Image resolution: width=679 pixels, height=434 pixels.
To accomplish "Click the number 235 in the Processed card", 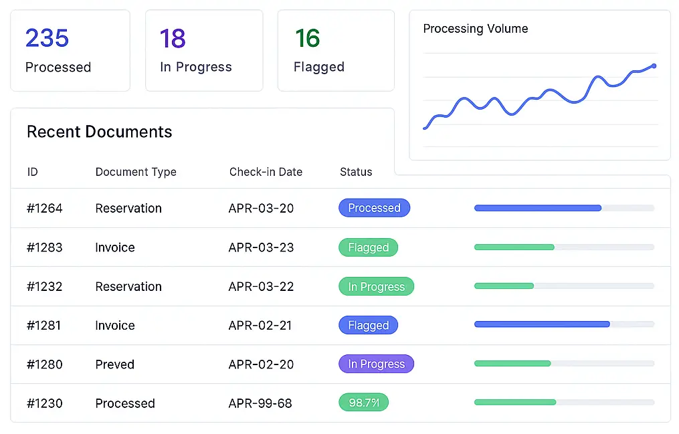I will pyautogui.click(x=47, y=38).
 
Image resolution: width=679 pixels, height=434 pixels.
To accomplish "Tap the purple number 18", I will pyautogui.click(x=173, y=39).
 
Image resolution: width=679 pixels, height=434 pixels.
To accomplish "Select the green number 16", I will pyautogui.click(x=307, y=39).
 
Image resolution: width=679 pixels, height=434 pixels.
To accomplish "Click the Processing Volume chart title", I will pyautogui.click(x=475, y=29).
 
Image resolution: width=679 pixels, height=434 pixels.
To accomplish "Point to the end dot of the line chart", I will pyautogui.click(x=654, y=66).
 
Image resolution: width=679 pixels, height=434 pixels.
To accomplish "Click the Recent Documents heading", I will pyautogui.click(x=99, y=132).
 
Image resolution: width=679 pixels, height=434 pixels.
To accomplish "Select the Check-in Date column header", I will pyautogui.click(x=266, y=172).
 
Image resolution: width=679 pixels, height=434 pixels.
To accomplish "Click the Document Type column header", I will pyautogui.click(x=136, y=172).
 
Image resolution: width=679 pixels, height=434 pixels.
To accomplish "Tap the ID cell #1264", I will pyautogui.click(x=45, y=209).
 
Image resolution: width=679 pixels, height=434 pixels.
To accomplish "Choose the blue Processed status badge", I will pyautogui.click(x=374, y=208).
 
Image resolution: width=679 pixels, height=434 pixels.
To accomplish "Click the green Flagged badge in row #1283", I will pyautogui.click(x=368, y=247).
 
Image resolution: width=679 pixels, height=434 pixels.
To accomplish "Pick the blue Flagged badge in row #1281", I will pyautogui.click(x=368, y=326).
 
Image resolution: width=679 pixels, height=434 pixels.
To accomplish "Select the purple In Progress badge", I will pyautogui.click(x=376, y=364).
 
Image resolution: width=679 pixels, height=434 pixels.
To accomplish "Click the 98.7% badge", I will pyautogui.click(x=363, y=403).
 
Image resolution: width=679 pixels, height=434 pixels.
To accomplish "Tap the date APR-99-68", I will pyautogui.click(x=260, y=404).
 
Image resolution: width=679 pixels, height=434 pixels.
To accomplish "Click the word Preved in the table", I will pyautogui.click(x=115, y=364).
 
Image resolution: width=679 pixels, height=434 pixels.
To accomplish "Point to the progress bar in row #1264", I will pyautogui.click(x=563, y=209).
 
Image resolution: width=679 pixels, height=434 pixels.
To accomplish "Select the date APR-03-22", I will pyautogui.click(x=261, y=287).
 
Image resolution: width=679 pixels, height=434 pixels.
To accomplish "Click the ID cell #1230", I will pyautogui.click(x=45, y=404).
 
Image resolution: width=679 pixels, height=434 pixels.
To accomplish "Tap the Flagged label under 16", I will pyautogui.click(x=319, y=68).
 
